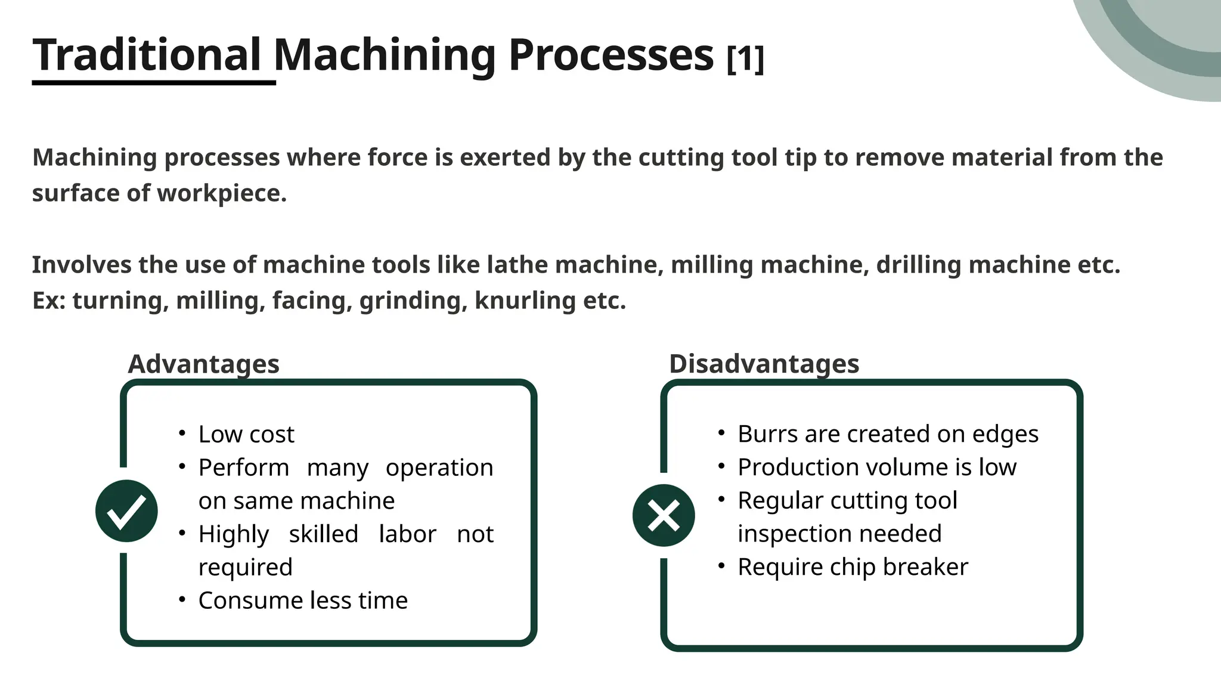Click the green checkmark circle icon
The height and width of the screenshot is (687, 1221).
tap(126, 511)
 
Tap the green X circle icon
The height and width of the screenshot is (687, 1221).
tap(664, 515)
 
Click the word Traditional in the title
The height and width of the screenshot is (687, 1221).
tap(147, 55)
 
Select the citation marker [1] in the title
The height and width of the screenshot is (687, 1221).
tap(745, 58)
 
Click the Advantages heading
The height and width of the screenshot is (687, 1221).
tap(203, 364)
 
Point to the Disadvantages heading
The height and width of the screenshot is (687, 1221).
tap(764, 364)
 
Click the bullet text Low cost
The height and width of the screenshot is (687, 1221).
tap(246, 434)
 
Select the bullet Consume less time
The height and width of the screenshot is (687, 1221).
tap(303, 601)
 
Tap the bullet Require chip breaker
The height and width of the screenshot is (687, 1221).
tap(853, 567)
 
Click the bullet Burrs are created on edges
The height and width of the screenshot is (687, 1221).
tap(888, 434)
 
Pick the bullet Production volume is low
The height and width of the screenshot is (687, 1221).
tap(877, 467)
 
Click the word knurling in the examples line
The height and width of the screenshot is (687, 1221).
tap(525, 301)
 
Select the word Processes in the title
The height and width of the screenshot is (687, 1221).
tap(611, 55)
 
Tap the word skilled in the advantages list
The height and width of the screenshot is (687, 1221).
tap(323, 534)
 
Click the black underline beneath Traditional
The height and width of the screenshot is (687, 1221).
tap(154, 82)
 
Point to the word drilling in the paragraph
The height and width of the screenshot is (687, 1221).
tap(918, 265)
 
